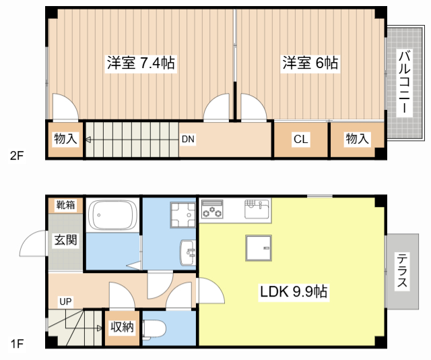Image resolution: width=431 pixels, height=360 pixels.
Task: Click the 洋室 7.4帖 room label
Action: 141,63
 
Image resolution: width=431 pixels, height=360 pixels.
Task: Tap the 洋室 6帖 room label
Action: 310,63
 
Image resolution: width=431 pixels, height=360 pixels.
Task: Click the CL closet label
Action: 300,140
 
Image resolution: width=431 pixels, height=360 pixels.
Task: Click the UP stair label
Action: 65,301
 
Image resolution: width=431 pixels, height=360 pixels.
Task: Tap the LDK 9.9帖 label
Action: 294,292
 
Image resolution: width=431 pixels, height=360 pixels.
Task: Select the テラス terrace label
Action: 402,270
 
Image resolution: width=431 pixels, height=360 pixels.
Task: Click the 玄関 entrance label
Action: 65,239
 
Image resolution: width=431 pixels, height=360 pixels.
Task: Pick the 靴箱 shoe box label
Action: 65,205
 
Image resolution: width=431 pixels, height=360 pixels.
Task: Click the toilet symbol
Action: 154,328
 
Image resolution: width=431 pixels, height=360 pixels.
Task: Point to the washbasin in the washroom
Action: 188,253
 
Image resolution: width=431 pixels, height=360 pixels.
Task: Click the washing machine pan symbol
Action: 181,215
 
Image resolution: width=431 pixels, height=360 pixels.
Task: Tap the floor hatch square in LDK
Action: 258,248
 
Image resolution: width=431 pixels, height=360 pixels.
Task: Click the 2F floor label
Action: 17,155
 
